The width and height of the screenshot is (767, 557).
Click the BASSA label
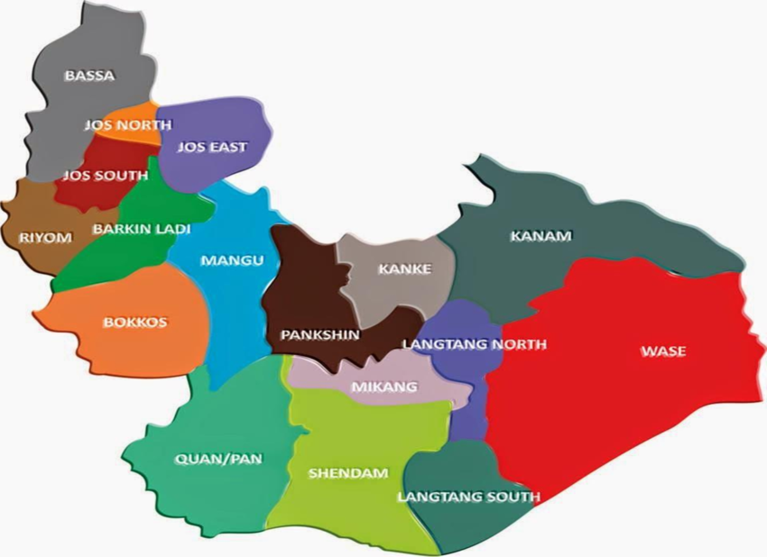tap(89, 76)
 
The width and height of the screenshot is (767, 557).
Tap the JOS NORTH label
tap(127, 125)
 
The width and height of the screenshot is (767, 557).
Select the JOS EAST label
tap(211, 147)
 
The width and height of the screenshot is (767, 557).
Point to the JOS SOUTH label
tap(104, 176)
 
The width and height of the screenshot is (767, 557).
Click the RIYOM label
tap(44, 238)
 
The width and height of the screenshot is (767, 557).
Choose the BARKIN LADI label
tap(141, 229)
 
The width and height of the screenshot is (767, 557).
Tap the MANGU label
tap(232, 260)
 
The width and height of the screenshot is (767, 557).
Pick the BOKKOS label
tap(135, 323)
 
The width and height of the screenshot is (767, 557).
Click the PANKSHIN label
tap(319, 334)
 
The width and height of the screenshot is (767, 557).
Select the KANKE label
tap(404, 269)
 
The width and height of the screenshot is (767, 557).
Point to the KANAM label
tap(541, 236)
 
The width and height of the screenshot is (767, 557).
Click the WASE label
tap(662, 351)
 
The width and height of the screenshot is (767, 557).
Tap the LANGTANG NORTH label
tap(474, 344)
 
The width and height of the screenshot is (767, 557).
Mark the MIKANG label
tap(384, 388)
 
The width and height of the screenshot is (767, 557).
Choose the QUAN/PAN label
tap(217, 459)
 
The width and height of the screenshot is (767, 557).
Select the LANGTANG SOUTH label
tap(468, 497)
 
